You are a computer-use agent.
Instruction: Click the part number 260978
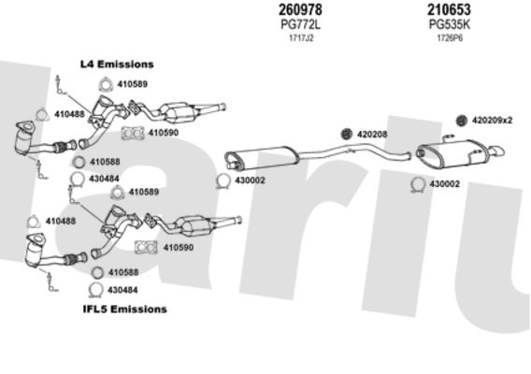[300, 9]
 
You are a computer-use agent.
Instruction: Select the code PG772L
[301, 24]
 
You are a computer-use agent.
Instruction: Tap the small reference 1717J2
[301, 38]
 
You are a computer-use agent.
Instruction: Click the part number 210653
[449, 9]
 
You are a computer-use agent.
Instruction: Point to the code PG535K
[450, 24]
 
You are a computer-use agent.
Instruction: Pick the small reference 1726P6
[450, 38]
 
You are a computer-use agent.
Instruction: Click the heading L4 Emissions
[117, 64]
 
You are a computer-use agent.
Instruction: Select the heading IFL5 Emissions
[125, 309]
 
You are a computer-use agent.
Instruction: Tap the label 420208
[372, 135]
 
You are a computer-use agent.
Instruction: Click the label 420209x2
[492, 121]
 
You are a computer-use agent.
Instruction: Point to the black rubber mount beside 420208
[347, 134]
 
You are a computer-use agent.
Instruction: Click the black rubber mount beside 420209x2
[462, 121]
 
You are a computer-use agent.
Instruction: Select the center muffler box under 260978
[262, 157]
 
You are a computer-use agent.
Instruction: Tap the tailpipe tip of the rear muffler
[497, 151]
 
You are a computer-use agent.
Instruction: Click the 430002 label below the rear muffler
[445, 184]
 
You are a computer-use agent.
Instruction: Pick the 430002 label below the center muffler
[250, 180]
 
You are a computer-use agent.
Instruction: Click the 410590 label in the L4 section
[164, 133]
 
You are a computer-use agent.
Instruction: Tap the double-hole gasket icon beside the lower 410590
[146, 247]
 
